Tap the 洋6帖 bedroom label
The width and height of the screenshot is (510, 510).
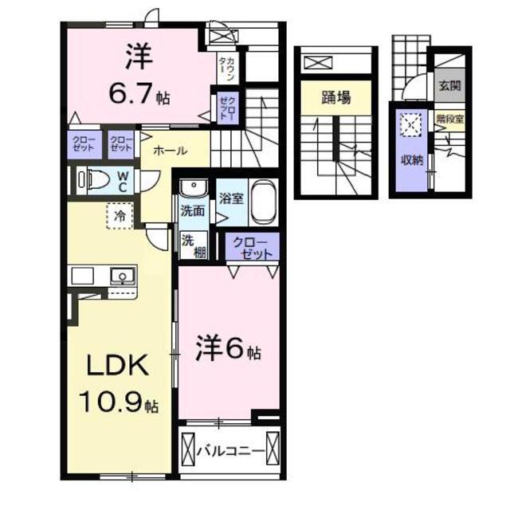pyautogui.click(x=228, y=349)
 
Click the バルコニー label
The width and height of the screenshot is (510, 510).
pyautogui.click(x=230, y=452)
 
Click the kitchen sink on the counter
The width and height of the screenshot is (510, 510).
pyautogui.click(x=121, y=277)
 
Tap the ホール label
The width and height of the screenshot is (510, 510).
pyautogui.click(x=171, y=150)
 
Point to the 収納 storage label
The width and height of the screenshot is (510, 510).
pyautogui.click(x=412, y=159)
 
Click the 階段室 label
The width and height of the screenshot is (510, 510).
pyautogui.click(x=449, y=121)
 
